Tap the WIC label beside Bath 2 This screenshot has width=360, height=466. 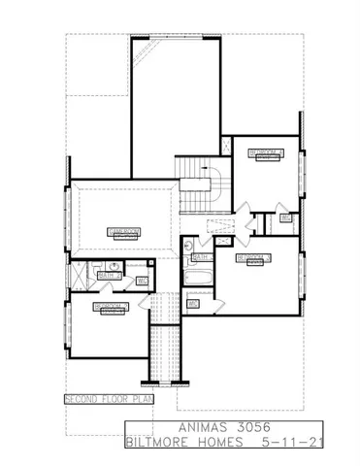tap(142, 282)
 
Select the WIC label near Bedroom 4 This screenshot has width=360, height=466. tap(286, 217)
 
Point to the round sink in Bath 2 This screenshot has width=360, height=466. tap(114, 265)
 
